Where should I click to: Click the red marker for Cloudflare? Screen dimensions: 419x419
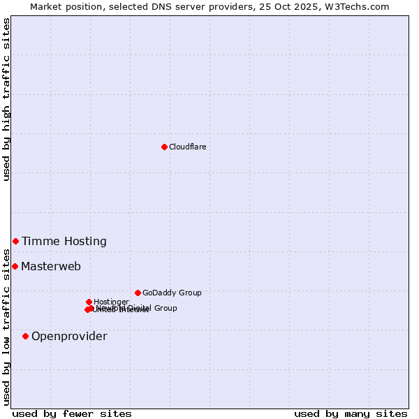point(164,147)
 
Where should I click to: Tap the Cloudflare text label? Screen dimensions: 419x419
point(187,147)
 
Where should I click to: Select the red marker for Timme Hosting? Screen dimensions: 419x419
point(15,241)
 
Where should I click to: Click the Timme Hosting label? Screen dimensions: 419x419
point(64,242)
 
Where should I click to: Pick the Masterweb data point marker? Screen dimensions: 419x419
point(15,266)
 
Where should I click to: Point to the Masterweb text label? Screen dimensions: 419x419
point(51,267)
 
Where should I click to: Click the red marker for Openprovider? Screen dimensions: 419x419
point(25,336)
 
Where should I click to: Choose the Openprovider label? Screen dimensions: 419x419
point(69,337)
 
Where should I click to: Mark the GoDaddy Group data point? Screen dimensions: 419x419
point(138,293)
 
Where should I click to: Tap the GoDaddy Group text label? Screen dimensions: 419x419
point(172,293)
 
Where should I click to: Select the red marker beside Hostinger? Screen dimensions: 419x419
point(89,302)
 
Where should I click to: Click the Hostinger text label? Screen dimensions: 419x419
point(111,302)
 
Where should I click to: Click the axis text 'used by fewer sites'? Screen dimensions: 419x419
point(72,414)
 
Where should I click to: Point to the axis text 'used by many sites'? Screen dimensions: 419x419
point(351,414)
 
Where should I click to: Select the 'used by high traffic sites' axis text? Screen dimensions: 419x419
point(7,99)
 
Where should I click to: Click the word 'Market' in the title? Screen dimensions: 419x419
point(46,6)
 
